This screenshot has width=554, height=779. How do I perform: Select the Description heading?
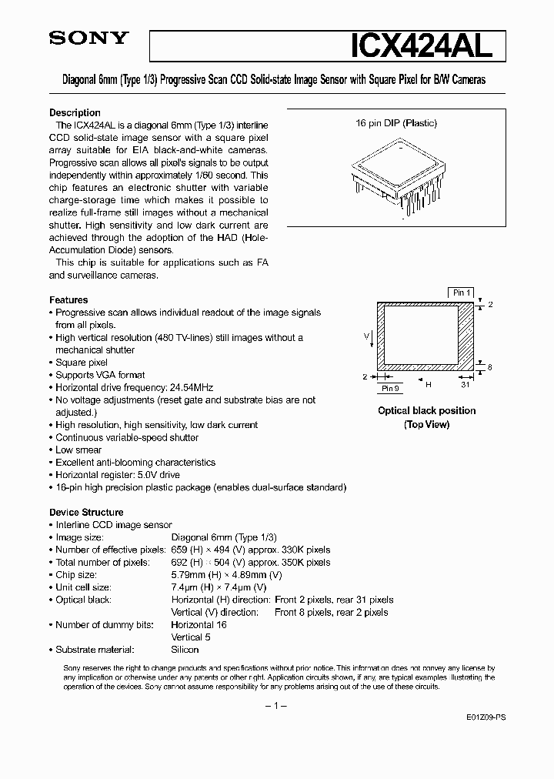75,112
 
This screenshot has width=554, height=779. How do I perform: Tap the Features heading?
68,300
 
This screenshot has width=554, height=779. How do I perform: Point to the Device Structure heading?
86,512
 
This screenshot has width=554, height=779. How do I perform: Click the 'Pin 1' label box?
462,293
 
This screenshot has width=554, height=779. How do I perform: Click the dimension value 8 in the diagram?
490,367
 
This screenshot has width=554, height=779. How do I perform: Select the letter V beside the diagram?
366,336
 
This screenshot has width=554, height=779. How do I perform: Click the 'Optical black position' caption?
426,410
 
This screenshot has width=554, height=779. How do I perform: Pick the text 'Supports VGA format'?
99,375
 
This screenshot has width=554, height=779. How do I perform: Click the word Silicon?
185,650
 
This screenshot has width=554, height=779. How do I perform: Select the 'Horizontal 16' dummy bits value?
199,624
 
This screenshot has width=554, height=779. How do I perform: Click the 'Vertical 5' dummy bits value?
190,637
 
